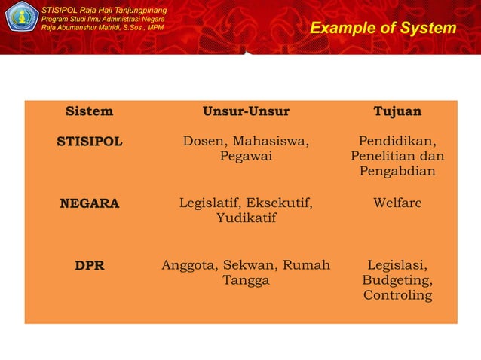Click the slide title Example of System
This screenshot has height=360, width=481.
coord(383,29)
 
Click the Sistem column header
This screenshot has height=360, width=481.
coord(90,111)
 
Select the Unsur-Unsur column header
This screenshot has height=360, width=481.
coord(246,111)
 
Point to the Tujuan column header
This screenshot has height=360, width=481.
coord(397,111)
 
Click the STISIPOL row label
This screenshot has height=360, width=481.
coord(90,142)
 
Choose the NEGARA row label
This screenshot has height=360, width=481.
coord(90,203)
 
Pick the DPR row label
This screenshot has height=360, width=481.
coord(90,265)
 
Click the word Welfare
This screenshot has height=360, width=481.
coord(397,203)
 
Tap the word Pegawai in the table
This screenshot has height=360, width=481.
coord(246,157)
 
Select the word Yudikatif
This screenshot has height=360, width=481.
coord(246,218)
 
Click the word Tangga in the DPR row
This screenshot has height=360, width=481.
coord(246,280)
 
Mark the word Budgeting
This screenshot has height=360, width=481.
coord(397,280)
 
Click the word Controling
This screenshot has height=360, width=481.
coord(397,295)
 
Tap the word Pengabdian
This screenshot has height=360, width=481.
coord(397,172)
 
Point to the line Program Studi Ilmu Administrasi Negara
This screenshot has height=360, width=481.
coord(103,18)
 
